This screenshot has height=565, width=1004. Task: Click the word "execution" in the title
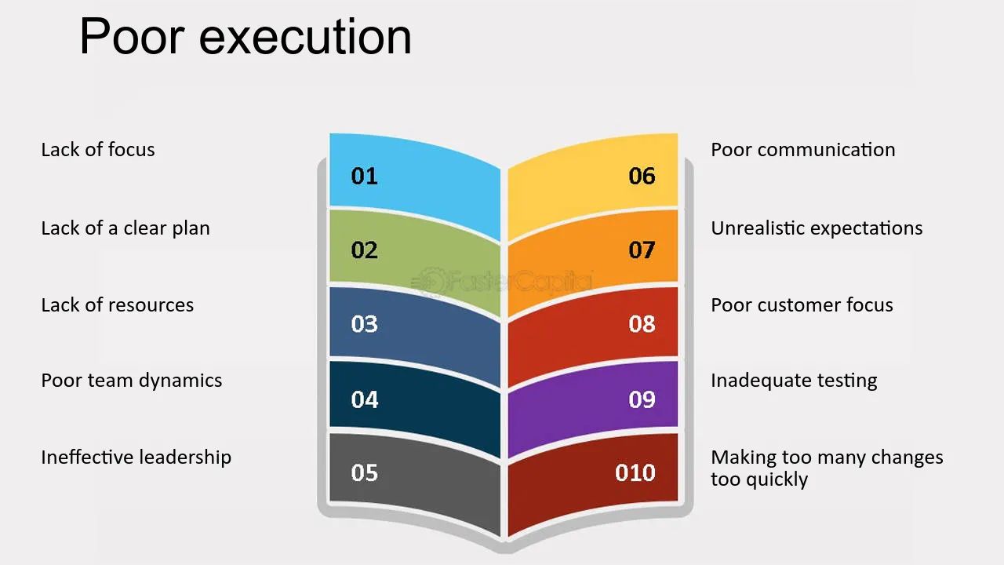pyautogui.click(x=305, y=37)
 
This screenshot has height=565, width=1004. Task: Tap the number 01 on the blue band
pyautogui.click(x=364, y=176)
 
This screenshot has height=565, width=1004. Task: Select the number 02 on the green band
pyautogui.click(x=364, y=250)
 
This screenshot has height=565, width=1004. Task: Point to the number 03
pyautogui.click(x=364, y=324)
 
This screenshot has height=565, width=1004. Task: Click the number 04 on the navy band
pyautogui.click(x=365, y=399)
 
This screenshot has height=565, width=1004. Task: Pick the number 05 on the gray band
pyautogui.click(x=365, y=472)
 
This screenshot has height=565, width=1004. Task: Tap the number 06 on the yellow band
pyautogui.click(x=642, y=176)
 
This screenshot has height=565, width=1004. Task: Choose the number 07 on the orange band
pyautogui.click(x=642, y=250)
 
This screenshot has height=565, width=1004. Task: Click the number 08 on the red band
pyautogui.click(x=642, y=324)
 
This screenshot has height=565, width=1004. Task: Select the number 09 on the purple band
pyautogui.click(x=642, y=399)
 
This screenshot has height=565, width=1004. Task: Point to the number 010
pyautogui.click(x=635, y=472)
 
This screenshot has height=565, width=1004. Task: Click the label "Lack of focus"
pyautogui.click(x=98, y=150)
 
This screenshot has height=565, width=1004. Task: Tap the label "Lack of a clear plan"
pyautogui.click(x=125, y=228)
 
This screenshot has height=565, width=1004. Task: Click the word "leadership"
pyautogui.click(x=185, y=457)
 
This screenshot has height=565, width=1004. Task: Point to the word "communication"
pyautogui.click(x=827, y=150)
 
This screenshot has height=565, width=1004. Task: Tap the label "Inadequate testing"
pyautogui.click(x=795, y=381)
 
